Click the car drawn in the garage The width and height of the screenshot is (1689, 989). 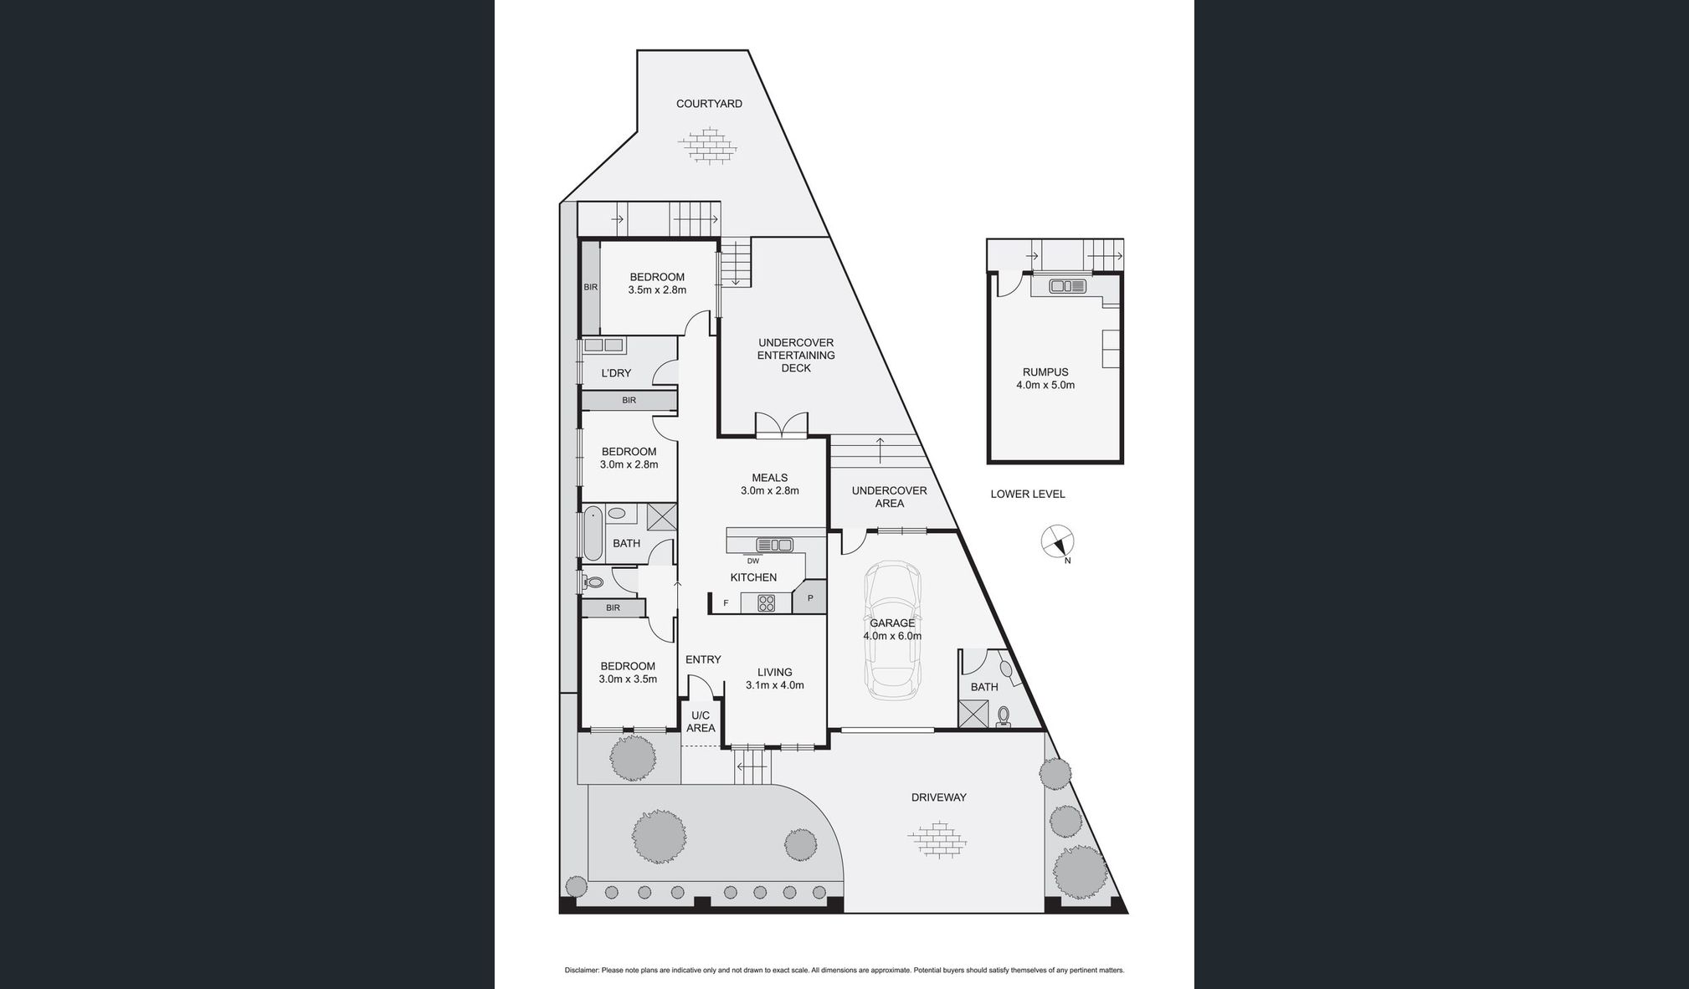click(892, 631)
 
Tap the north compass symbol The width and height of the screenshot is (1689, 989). click(1057, 541)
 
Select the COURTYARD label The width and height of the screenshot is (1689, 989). click(709, 104)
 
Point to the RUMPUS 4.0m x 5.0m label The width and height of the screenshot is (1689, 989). click(1045, 379)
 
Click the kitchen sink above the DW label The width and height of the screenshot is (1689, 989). click(774, 545)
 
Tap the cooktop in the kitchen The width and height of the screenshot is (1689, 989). click(766, 602)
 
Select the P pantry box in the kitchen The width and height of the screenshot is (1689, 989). click(810, 598)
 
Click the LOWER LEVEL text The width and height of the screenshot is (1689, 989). click(1028, 494)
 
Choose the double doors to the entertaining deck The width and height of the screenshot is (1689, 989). click(781, 426)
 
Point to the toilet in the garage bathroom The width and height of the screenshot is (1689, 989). click(1004, 715)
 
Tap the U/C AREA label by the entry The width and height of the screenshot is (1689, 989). click(701, 722)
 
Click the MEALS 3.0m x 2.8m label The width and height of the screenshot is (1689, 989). click(769, 484)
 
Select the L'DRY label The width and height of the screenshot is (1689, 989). click(616, 373)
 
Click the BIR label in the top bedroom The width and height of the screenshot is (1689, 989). click(591, 287)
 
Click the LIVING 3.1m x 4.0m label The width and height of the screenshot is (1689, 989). click(774, 679)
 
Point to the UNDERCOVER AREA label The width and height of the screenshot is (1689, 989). click(889, 497)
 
